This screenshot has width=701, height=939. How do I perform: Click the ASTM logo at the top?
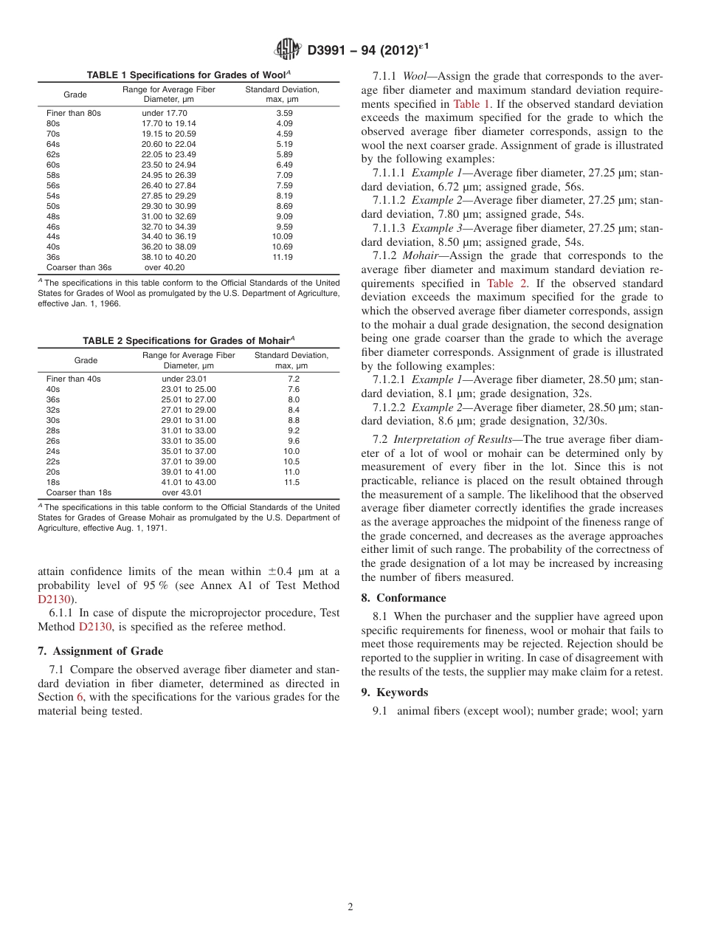pyautogui.click(x=287, y=49)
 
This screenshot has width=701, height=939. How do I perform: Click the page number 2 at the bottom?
pyautogui.click(x=350, y=907)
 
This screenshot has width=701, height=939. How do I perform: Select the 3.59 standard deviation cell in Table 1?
pyautogui.click(x=284, y=113)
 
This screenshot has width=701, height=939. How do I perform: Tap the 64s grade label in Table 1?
pyautogui.click(x=53, y=144)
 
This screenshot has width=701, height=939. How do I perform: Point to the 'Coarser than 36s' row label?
pyautogui.click(x=79, y=267)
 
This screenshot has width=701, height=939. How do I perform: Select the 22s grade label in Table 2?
pyautogui.click(x=53, y=461)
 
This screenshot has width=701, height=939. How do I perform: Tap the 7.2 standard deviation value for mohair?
pyautogui.click(x=293, y=379)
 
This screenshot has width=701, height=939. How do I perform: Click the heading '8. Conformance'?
pyautogui.click(x=404, y=598)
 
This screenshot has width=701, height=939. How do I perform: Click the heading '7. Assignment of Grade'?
pyautogui.click(x=100, y=651)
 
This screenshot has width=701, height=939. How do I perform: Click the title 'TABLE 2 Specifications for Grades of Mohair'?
pyautogui.click(x=188, y=340)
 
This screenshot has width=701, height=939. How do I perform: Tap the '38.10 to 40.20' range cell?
pyautogui.click(x=169, y=257)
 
